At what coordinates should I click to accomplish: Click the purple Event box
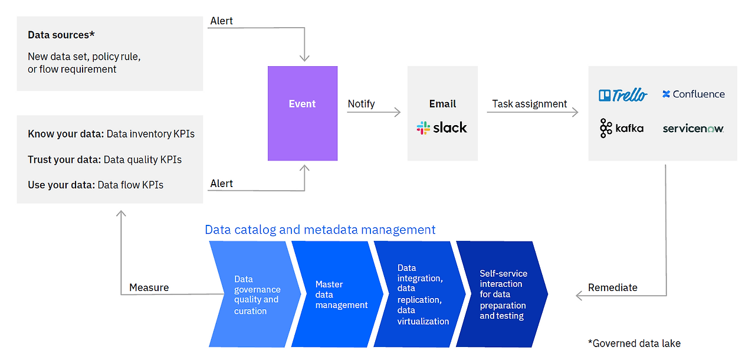[x=302, y=113]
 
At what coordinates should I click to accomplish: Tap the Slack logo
[x=442, y=127]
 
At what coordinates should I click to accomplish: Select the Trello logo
[x=623, y=94]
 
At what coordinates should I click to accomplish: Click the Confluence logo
[x=693, y=94]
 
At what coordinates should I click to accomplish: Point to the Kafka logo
[x=621, y=128]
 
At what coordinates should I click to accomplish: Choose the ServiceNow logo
[x=693, y=128]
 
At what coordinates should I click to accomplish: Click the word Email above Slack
[x=442, y=104]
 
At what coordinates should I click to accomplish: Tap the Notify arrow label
[x=361, y=104]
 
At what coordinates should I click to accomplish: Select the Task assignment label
[x=529, y=104]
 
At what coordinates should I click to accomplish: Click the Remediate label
[x=612, y=287]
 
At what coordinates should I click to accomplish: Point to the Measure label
[x=149, y=287]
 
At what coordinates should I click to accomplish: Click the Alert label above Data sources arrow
[x=221, y=21]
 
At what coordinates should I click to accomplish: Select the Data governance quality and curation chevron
[x=254, y=294]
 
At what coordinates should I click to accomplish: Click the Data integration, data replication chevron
[x=420, y=294]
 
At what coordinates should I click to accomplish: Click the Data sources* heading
[x=61, y=35]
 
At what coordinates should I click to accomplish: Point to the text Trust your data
[x=64, y=159]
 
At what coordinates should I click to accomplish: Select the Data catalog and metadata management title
[x=320, y=230]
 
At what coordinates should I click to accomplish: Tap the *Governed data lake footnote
[x=633, y=343]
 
